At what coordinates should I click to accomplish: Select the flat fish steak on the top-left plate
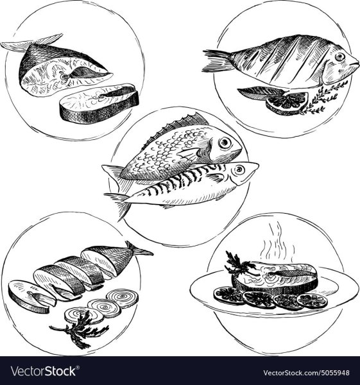pyautogui.click(x=99, y=103)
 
